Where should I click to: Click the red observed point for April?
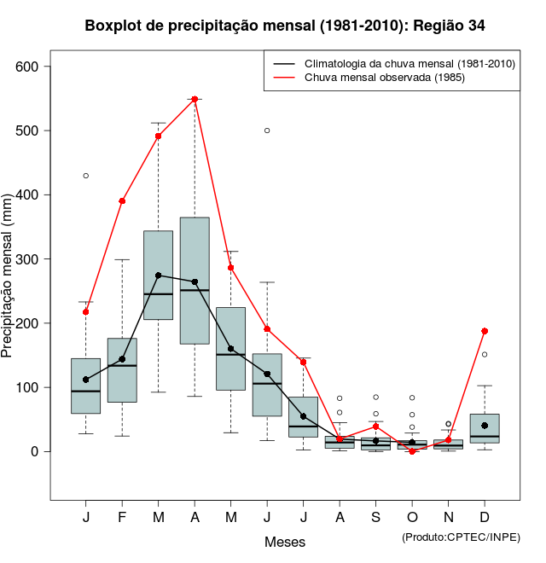[195, 99]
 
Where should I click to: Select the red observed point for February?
[122, 201]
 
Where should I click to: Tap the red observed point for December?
[485, 331]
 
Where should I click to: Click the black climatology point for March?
[159, 276]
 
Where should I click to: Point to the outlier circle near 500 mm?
[267, 131]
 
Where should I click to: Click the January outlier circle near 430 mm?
[85, 176]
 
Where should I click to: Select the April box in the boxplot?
[195, 281]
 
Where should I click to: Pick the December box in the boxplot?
[485, 428]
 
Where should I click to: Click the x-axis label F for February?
[122, 518]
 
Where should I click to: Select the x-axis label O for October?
[412, 518]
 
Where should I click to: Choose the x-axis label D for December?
[485, 518]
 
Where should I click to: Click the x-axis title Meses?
[285, 542]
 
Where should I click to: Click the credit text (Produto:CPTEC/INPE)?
[461, 537]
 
